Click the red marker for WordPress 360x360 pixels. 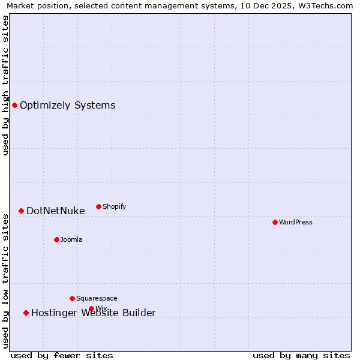pos(275,222)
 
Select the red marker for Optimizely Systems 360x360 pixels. pos(15,106)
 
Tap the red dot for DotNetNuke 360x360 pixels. pos(21,211)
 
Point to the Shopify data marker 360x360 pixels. pos(99,206)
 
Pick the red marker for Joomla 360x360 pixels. pos(56,239)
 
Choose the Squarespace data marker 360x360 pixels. pos(72,298)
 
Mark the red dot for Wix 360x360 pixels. pos(91,309)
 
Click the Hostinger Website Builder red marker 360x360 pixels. pos(26,313)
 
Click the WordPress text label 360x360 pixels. pos(296,222)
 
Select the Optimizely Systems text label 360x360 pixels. pos(67,106)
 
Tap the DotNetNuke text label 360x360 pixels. pos(56,211)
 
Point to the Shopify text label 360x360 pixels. pos(115,206)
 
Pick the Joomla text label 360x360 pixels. pos(71,239)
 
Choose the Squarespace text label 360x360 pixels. pos(97,298)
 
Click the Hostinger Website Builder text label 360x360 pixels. pos(94,313)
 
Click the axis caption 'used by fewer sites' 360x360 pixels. pos(62,355)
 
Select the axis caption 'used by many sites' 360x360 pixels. pos(301,355)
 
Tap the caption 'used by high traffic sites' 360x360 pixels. pos(5,85)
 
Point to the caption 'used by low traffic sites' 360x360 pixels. pos(5,280)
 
